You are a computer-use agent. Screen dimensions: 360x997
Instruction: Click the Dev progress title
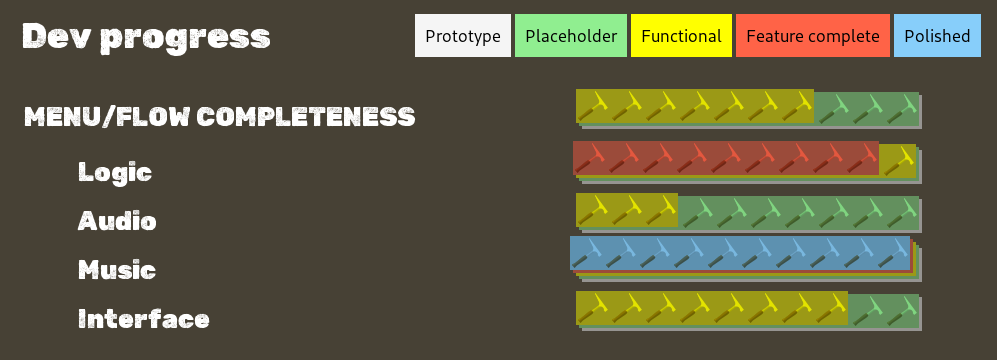click(146, 37)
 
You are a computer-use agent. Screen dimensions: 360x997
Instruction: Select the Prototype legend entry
click(463, 36)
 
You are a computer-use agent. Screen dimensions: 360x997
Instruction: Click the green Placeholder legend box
click(571, 36)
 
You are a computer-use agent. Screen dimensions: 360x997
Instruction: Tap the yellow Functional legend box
click(681, 36)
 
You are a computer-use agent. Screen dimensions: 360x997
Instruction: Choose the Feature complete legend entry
click(812, 36)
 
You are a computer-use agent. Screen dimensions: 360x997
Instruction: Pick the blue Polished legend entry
click(937, 36)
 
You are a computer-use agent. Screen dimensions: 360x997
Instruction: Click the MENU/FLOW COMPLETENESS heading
click(219, 117)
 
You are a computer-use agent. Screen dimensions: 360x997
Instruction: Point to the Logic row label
click(115, 172)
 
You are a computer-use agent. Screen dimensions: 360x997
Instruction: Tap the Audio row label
click(117, 221)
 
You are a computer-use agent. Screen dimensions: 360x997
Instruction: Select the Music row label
click(117, 270)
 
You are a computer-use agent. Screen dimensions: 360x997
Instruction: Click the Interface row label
click(144, 320)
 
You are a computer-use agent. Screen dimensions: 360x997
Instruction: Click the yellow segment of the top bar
click(695, 106)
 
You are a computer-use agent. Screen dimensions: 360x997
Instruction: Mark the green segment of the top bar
click(865, 106)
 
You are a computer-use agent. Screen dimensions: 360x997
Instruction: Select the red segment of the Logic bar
click(726, 158)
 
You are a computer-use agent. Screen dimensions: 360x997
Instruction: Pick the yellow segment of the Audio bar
click(627, 210)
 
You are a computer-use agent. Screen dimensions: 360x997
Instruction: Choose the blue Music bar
click(740, 252)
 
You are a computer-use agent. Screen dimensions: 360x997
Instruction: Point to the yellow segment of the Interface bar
click(712, 308)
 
